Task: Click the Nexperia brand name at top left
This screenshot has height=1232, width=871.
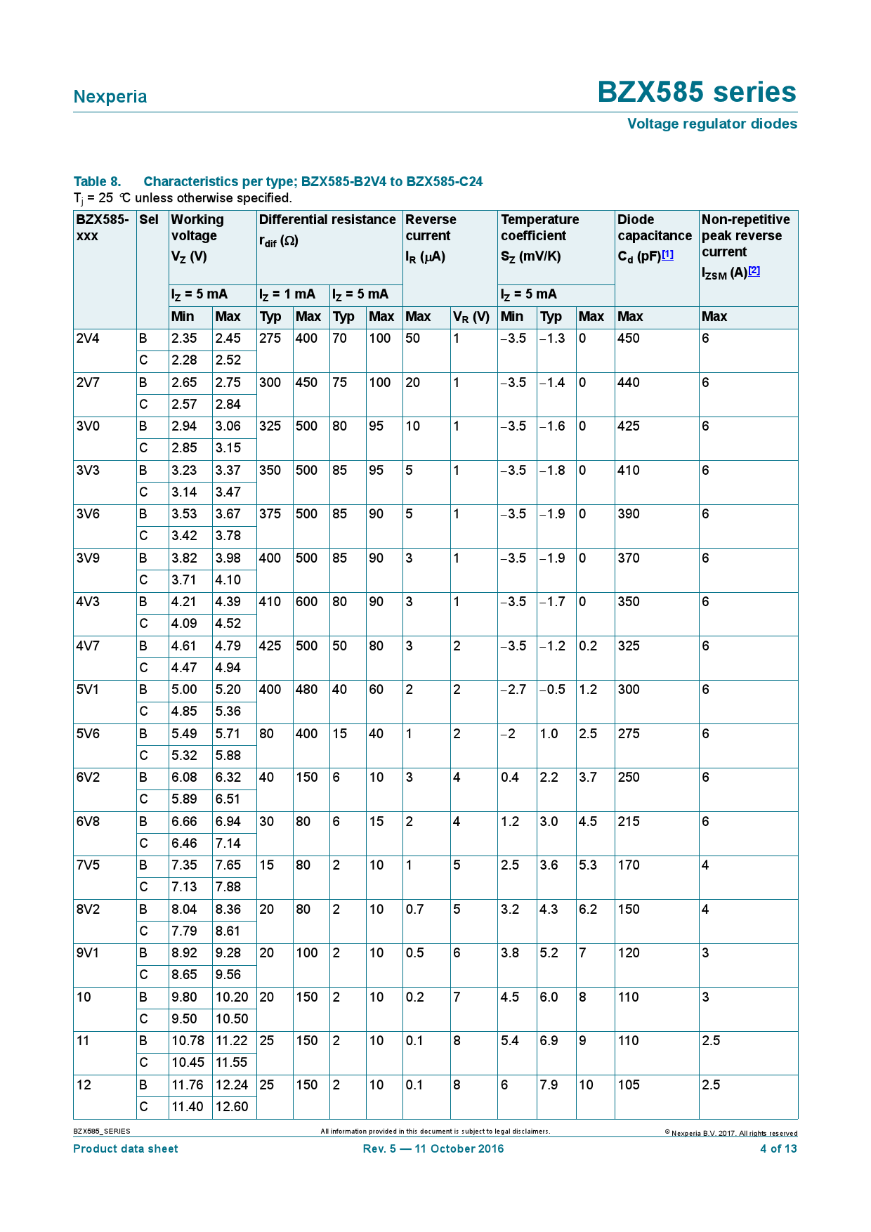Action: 110,97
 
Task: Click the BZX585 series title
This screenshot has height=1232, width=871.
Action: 697,93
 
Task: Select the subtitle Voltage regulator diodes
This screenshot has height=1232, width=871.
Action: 712,124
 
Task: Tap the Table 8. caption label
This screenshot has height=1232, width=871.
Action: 97,182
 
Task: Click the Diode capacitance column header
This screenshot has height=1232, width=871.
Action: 654,228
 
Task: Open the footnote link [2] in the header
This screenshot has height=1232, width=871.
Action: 754,271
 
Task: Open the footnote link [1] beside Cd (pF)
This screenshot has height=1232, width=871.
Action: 667,255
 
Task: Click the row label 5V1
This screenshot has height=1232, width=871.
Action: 88,690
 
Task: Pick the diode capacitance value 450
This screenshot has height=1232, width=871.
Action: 629,339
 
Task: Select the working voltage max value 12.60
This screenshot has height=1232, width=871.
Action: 232,1107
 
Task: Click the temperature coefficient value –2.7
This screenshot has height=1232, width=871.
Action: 513,690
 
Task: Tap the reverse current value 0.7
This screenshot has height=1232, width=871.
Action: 415,910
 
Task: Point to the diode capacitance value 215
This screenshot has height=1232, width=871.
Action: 629,822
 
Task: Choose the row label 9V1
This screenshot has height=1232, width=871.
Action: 88,953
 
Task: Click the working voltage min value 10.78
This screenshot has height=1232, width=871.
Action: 188,1041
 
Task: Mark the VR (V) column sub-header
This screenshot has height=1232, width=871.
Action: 471,317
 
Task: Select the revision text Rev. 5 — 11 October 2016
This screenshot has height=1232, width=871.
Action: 433,1149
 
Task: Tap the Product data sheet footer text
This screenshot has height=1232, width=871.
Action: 126,1149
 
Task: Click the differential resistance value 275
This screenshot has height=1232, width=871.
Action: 270,339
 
